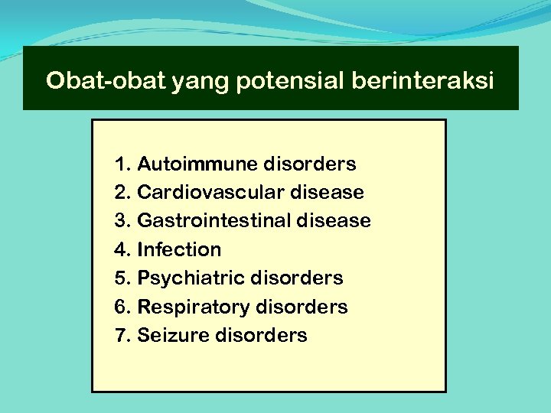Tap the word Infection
[x=179, y=249]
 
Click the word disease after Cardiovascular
[x=328, y=192]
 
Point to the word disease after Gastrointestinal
[x=334, y=221]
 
